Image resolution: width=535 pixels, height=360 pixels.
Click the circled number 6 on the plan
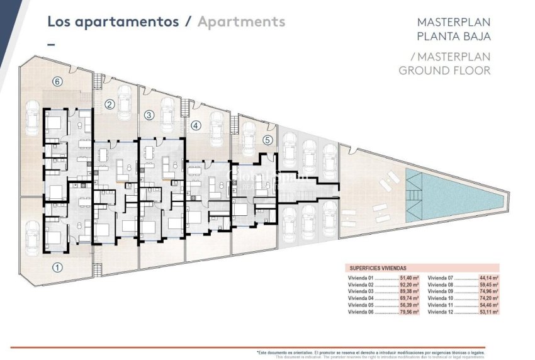[57, 81]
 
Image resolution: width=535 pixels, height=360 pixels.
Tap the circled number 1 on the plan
[57, 267]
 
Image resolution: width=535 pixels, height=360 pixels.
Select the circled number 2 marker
[110, 104]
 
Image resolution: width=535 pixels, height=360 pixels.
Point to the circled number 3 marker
[149, 115]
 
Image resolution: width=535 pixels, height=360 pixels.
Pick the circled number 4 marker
[196, 125]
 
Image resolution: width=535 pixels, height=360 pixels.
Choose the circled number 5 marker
[267, 140]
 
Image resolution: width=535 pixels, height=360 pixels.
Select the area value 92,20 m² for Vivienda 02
[409, 284]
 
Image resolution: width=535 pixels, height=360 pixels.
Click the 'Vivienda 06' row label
[361, 312]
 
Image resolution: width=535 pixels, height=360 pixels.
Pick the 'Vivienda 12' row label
[441, 312]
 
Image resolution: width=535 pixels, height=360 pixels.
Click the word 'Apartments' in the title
[241, 21]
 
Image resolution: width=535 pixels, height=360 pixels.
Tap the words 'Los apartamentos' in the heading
[113, 21]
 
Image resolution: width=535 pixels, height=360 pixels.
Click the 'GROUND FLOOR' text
[444, 70]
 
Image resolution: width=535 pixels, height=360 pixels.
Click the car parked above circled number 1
[31, 237]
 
